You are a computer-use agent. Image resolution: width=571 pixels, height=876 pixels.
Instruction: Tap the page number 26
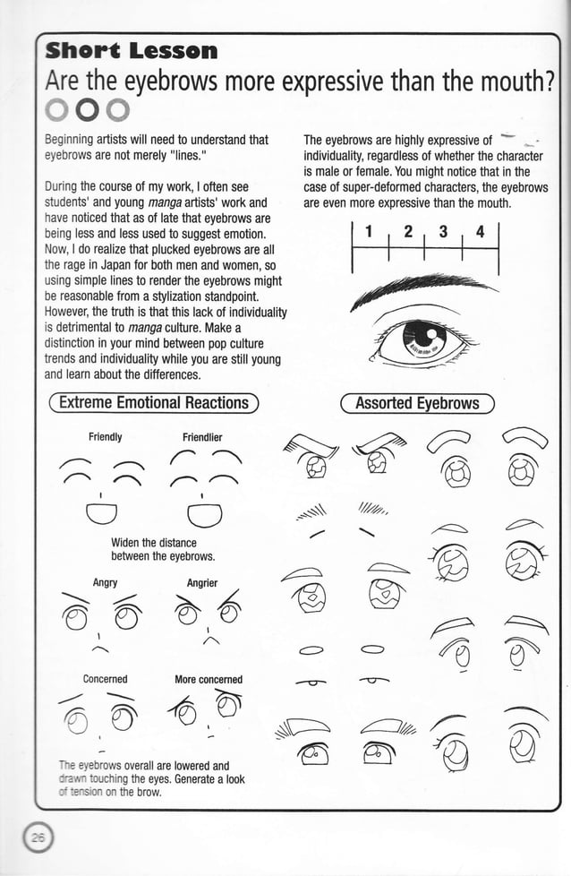pyautogui.click(x=38, y=838)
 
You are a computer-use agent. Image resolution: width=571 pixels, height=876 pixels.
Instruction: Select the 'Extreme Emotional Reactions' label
pyautogui.click(x=153, y=403)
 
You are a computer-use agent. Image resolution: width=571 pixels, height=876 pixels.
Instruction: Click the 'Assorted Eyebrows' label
pyautogui.click(x=417, y=403)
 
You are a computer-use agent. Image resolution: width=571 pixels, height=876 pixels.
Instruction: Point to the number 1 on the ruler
pyautogui.click(x=369, y=233)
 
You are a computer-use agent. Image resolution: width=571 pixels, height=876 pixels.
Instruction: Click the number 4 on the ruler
pyautogui.click(x=480, y=233)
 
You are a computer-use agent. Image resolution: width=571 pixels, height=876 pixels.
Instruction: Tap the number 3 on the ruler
pyautogui.click(x=442, y=233)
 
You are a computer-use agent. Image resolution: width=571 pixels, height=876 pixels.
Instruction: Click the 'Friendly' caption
pyautogui.click(x=105, y=437)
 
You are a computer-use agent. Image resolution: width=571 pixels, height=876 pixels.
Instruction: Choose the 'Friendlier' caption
pyautogui.click(x=202, y=437)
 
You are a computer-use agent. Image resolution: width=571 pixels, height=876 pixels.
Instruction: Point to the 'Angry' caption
pyautogui.click(x=105, y=582)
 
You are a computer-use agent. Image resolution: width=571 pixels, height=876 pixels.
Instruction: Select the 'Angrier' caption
pyautogui.click(x=202, y=582)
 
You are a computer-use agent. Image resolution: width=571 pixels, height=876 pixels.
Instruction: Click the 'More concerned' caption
pyautogui.click(x=209, y=679)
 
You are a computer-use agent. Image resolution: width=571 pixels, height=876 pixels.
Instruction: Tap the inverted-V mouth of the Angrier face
pyautogui.click(x=211, y=639)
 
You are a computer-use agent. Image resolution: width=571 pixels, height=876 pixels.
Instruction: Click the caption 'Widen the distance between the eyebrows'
pyautogui.click(x=154, y=549)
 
